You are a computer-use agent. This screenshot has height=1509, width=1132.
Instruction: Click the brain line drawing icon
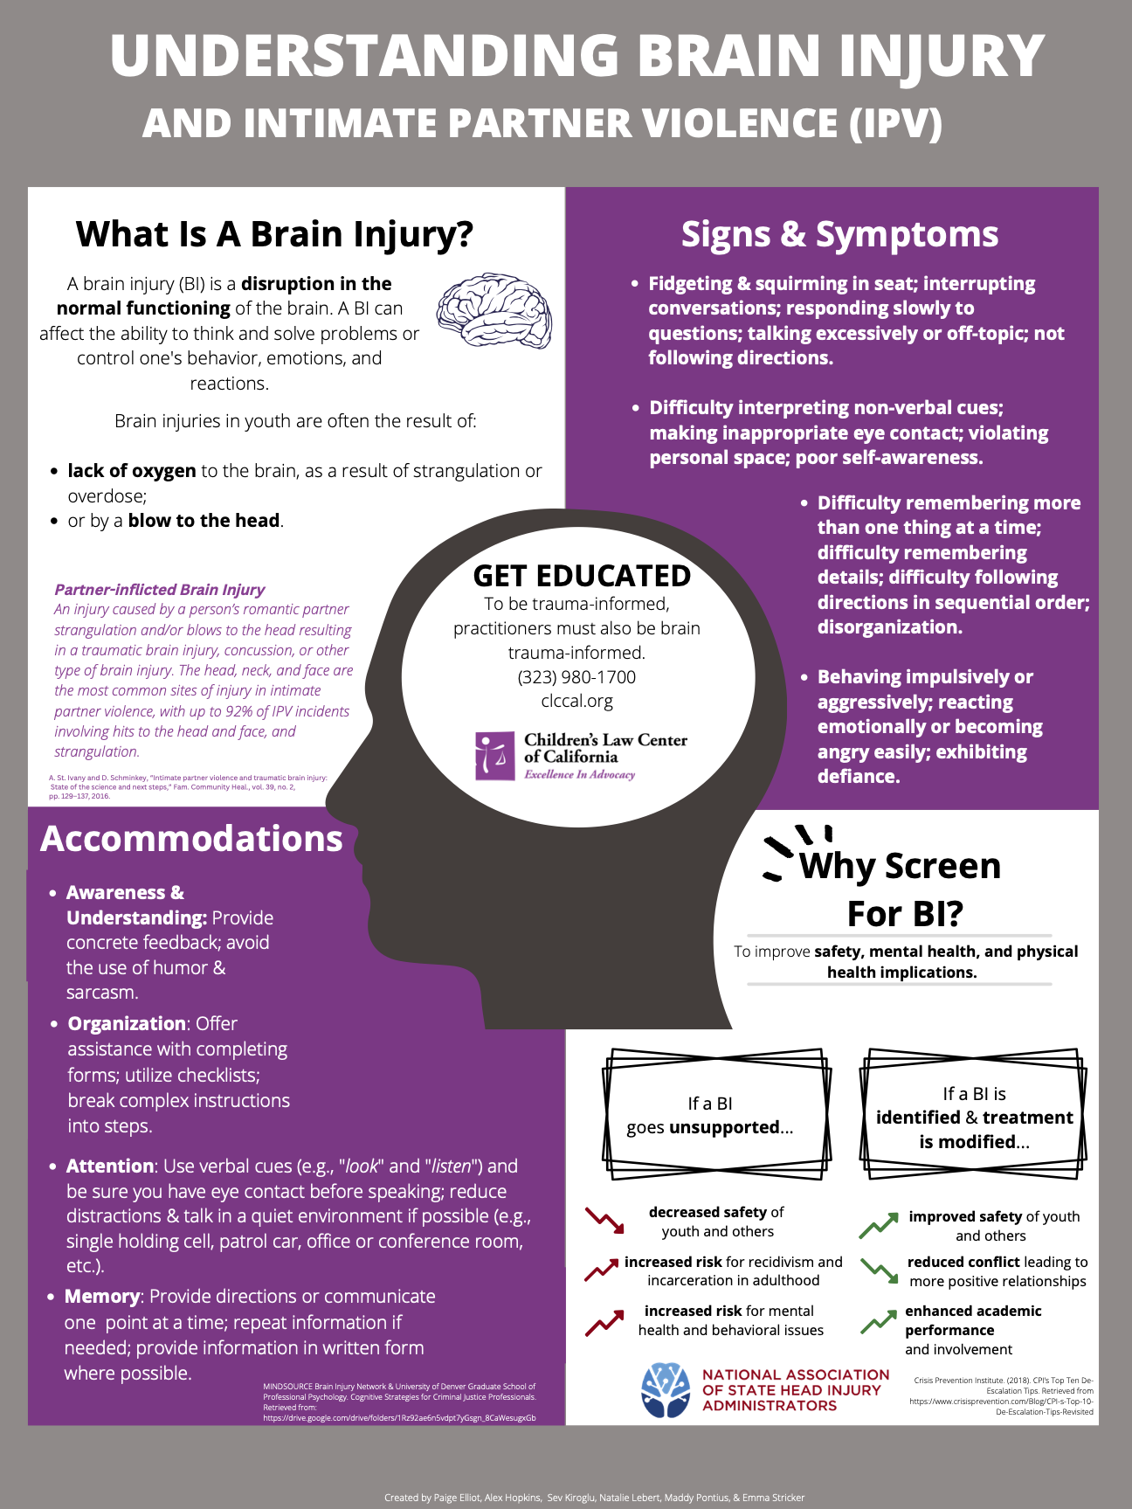(494, 312)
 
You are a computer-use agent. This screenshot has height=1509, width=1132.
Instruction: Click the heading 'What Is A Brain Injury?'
(274, 234)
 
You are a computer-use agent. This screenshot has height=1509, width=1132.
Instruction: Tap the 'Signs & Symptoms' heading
(839, 234)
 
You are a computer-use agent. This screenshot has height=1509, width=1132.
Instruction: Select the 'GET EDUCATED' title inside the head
(582, 576)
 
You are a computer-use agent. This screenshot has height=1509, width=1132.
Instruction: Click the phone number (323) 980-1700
(576, 677)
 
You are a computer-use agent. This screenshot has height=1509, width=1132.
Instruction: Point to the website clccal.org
(576, 701)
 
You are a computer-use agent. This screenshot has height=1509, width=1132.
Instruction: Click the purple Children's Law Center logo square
(495, 756)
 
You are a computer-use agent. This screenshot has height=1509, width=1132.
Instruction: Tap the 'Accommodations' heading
(191, 839)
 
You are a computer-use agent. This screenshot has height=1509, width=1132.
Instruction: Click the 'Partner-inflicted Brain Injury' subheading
(160, 590)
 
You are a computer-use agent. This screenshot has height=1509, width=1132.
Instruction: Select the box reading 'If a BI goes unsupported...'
(715, 1115)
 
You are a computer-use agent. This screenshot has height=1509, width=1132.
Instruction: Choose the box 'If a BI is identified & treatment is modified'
(974, 1117)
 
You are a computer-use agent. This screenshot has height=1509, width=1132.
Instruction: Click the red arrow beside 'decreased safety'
(604, 1221)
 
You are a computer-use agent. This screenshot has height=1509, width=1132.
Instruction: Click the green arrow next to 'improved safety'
(879, 1225)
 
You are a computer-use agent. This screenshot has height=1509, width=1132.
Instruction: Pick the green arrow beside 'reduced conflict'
(879, 1270)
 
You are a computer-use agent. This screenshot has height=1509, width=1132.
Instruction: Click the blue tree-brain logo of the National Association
(666, 1389)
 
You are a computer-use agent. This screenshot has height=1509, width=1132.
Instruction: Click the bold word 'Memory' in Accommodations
(102, 1297)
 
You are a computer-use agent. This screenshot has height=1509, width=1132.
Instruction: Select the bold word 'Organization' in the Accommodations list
(127, 1024)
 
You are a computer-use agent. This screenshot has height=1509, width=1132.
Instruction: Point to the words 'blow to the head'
(204, 521)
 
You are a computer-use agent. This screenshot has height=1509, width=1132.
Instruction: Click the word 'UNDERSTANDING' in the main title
(364, 56)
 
